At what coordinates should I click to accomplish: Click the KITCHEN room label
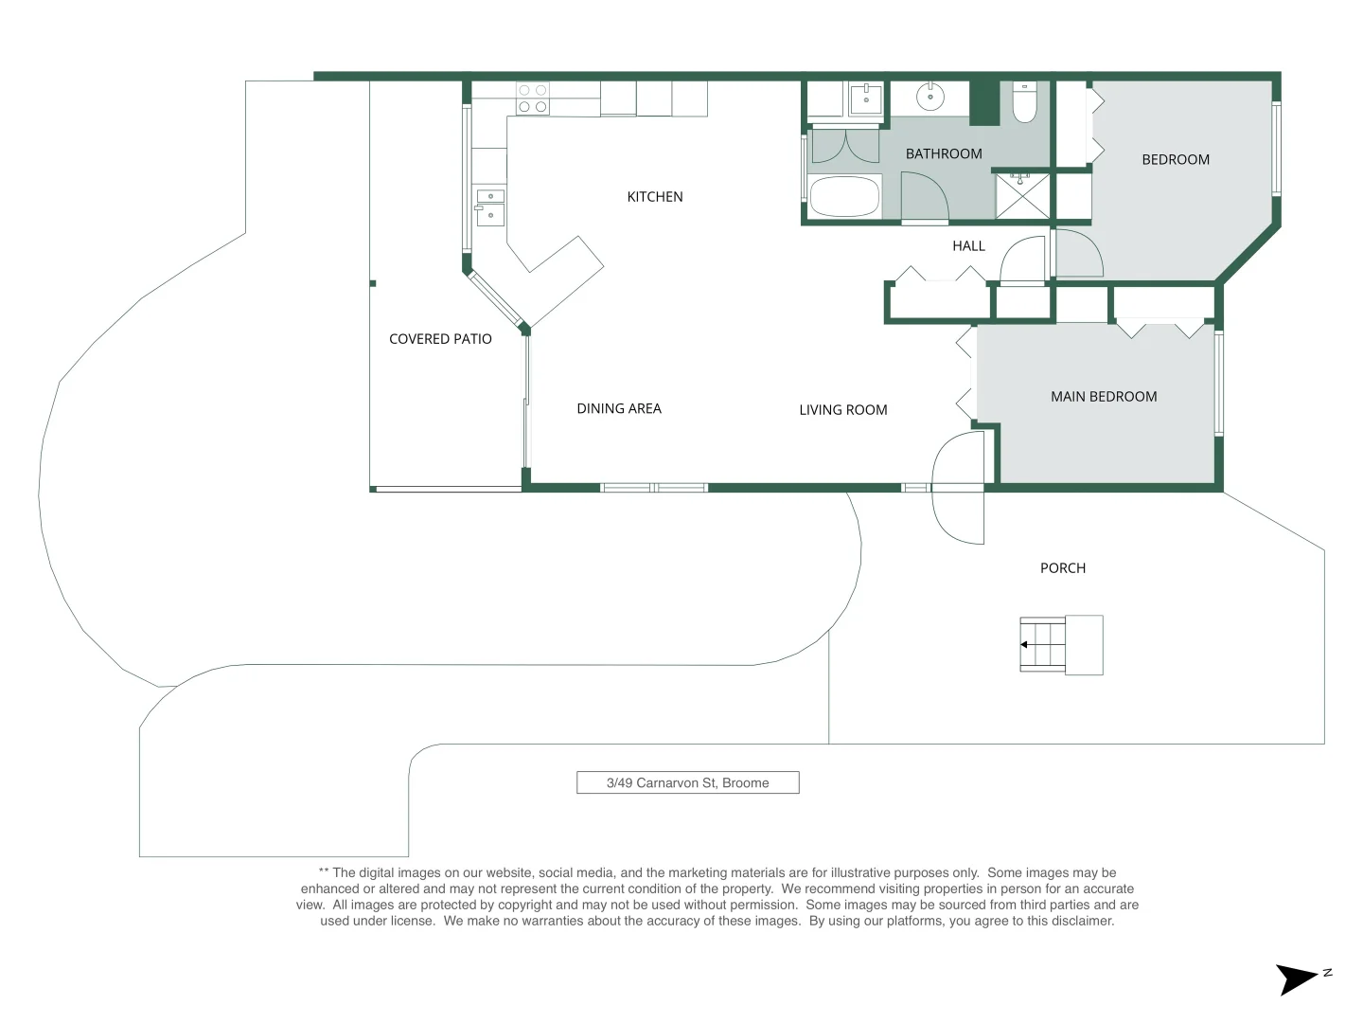point(654,197)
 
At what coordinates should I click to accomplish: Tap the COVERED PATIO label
point(440,339)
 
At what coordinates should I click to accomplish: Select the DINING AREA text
point(619,408)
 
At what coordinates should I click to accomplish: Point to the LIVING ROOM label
point(843,410)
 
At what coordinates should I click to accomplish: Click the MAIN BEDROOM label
point(1104,397)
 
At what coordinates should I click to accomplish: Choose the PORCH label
point(1062,568)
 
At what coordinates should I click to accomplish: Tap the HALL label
point(968,246)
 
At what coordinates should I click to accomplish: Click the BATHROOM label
point(944,154)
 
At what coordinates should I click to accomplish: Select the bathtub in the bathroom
point(845,197)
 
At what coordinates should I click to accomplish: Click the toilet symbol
point(1024,102)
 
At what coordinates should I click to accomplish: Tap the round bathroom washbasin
point(930,98)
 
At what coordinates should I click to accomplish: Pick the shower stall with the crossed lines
point(1022,196)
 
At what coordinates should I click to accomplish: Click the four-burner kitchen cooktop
point(533,99)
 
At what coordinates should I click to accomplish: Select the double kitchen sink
point(490,207)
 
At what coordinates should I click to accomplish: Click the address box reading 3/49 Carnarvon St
point(687,782)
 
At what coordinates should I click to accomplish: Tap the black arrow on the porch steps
point(1024,645)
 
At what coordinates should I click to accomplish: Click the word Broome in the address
point(745,782)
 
